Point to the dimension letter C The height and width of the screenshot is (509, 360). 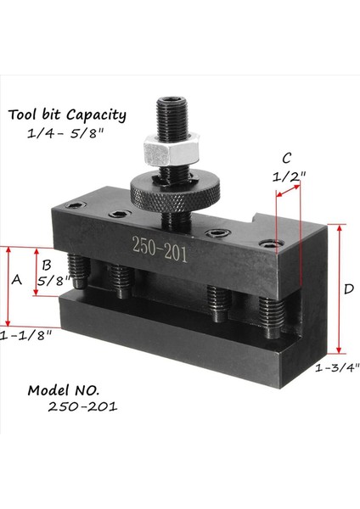click(x=287, y=157)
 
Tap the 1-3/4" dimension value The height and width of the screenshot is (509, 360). click(x=337, y=367)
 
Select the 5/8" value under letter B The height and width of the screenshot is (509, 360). click(x=53, y=280)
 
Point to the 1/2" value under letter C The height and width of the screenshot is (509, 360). click(x=290, y=177)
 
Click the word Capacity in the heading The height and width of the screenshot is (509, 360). click(x=97, y=115)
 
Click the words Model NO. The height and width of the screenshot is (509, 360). click(x=64, y=390)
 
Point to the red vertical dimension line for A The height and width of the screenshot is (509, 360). click(x=7, y=287)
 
